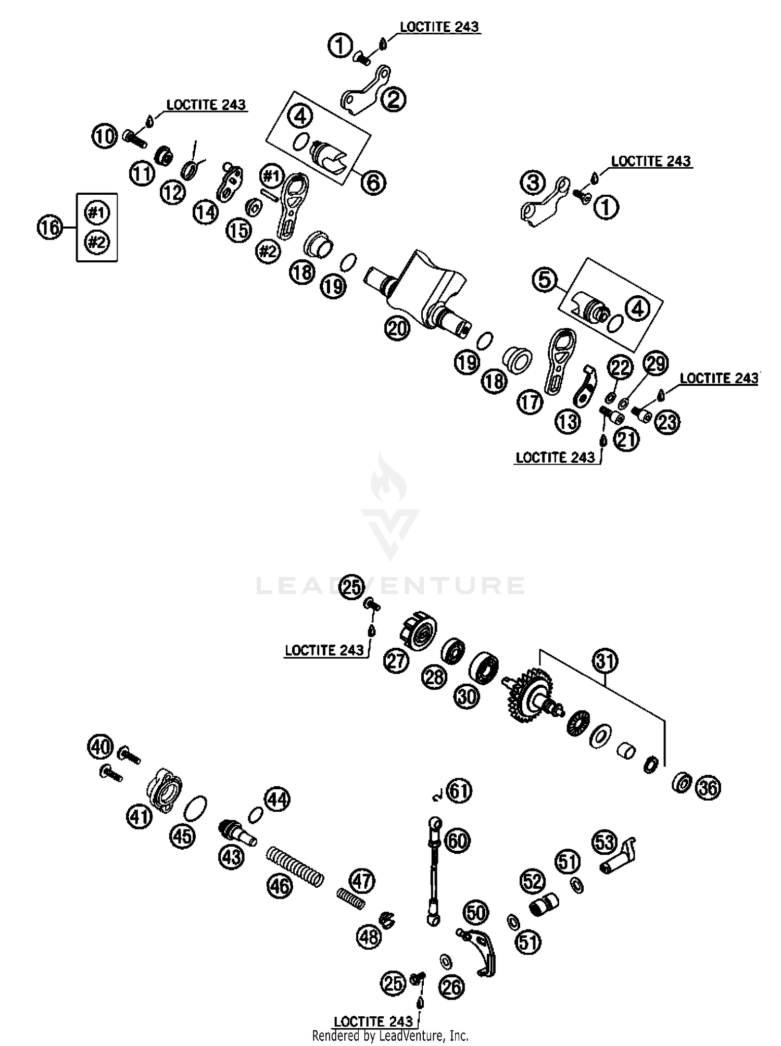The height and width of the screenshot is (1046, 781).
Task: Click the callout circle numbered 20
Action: pyautogui.click(x=397, y=329)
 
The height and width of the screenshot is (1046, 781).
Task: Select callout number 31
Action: pyautogui.click(x=605, y=661)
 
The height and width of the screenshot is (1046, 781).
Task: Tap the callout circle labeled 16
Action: pyautogui.click(x=50, y=228)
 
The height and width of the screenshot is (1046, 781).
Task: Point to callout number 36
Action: pyautogui.click(x=708, y=788)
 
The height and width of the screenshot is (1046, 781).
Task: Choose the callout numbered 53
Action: pyautogui.click(x=604, y=842)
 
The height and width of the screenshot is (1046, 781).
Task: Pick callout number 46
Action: pyautogui.click(x=280, y=885)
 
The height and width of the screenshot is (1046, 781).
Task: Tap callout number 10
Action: pyautogui.click(x=105, y=136)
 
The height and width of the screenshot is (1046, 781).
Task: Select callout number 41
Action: pyautogui.click(x=139, y=816)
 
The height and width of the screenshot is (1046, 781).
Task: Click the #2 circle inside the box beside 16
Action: pyautogui.click(x=97, y=242)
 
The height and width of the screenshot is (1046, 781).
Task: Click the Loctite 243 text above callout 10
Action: pyautogui.click(x=206, y=105)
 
